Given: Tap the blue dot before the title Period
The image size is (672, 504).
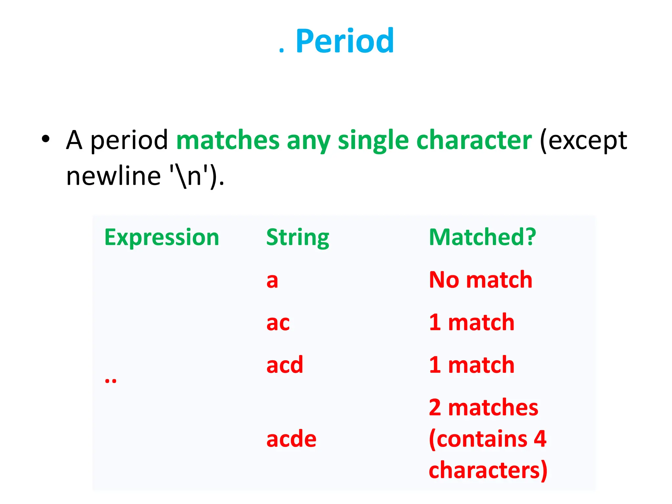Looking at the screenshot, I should tap(281, 51).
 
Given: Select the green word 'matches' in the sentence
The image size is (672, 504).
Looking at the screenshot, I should tap(228, 140).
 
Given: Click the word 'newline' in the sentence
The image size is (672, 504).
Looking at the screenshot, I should tap(113, 176).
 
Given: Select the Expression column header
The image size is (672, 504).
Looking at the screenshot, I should tap(161, 237).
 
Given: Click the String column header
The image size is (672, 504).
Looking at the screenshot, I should tap(298, 237).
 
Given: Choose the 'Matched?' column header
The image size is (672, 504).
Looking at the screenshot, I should tap(482, 237).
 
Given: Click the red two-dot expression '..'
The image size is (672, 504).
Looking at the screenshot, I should tap(111, 381).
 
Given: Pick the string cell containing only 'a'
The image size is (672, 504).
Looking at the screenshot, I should tap(272, 281).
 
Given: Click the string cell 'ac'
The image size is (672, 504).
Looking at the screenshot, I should tap(278, 323).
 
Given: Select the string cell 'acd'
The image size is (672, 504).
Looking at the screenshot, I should tap(284, 365).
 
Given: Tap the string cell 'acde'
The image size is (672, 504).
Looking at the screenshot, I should tap(291, 439).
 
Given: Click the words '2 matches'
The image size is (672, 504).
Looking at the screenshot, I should tap(483, 408).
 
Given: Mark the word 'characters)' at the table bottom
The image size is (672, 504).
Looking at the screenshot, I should tap(488, 470).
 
